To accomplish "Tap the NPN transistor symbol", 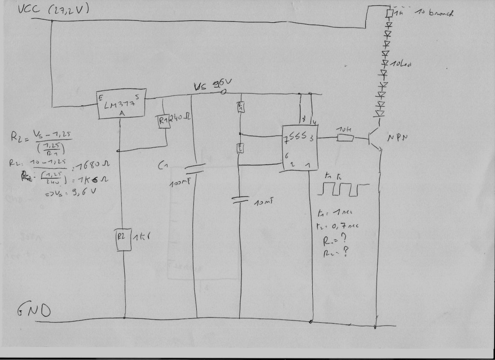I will [375, 138].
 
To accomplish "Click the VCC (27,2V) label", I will [53, 10].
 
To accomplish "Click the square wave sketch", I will [342, 189].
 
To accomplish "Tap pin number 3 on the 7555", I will [311, 138].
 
